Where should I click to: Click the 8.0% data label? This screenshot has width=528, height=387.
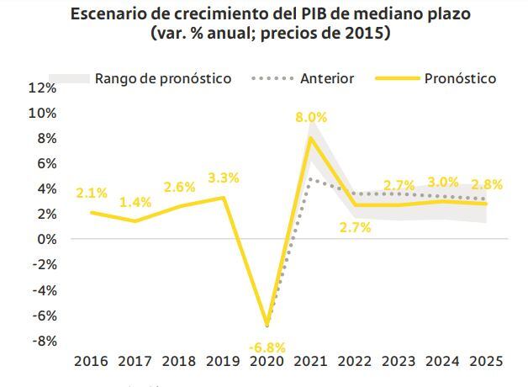(311, 118)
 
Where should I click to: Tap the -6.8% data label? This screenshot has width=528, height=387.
(267, 347)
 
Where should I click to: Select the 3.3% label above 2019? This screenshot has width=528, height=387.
(223, 178)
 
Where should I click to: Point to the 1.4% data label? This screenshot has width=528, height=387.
(135, 202)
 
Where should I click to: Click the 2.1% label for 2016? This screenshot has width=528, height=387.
(91, 193)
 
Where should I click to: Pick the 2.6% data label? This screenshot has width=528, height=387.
(179, 187)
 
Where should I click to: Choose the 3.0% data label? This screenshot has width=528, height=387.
(442, 182)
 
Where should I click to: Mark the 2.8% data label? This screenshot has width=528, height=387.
(487, 184)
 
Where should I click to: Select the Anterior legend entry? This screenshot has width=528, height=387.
(327, 78)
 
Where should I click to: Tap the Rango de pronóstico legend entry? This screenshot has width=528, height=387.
(163, 78)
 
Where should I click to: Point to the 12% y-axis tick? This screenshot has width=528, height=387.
(42, 87)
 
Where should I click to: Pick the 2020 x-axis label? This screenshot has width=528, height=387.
(267, 362)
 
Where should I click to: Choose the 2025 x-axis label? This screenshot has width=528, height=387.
(485, 362)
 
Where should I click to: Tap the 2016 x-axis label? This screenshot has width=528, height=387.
(91, 362)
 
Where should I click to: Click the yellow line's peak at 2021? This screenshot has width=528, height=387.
(311, 137)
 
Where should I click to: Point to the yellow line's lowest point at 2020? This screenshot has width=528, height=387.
(267, 325)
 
